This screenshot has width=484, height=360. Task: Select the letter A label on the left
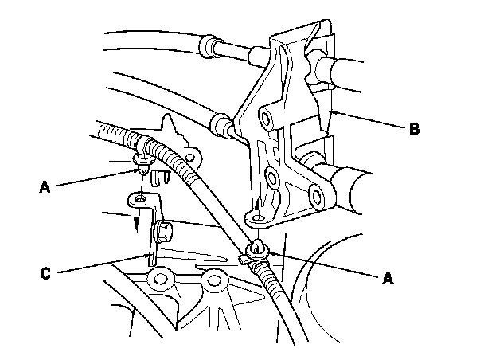click(x=45, y=188)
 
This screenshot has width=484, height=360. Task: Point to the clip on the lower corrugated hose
click(x=257, y=252)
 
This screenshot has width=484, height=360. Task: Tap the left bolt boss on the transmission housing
click(x=162, y=280)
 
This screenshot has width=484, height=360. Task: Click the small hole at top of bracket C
click(x=140, y=195)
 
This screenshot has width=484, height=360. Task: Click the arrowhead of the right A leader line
click(x=267, y=252)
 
